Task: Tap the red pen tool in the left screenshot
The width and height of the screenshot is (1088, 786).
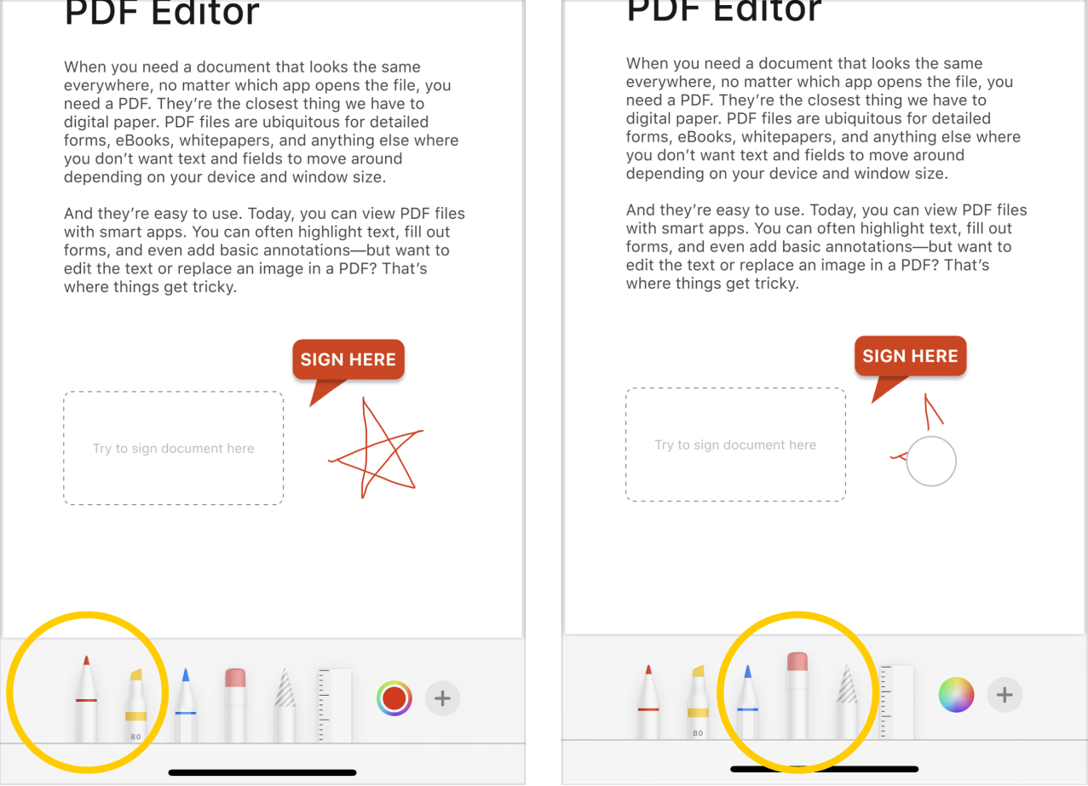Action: point(86,699)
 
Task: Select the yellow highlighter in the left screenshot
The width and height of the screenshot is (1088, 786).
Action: point(136,707)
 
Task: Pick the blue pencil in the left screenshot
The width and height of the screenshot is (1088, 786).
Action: point(186,707)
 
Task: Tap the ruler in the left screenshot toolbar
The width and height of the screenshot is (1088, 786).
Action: point(334,706)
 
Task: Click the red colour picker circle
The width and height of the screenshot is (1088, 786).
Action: point(394,698)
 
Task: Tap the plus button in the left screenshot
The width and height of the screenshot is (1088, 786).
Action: point(442,698)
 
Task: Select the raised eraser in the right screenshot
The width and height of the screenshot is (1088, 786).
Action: point(797,697)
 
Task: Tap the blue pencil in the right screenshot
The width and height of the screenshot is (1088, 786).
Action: point(747,703)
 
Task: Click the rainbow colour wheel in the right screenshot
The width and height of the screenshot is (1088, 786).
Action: point(957,695)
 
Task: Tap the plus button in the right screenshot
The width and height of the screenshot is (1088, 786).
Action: point(1005,695)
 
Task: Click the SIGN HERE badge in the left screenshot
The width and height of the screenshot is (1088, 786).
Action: point(348,359)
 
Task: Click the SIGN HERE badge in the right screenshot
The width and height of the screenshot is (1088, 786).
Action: point(911,356)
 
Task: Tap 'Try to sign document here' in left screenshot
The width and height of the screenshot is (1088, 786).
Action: point(174,449)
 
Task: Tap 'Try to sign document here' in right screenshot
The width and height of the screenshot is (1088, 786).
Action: point(735,445)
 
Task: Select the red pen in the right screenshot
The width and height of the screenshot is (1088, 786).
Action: point(648,703)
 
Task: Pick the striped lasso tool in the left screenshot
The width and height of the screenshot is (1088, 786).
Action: point(285,707)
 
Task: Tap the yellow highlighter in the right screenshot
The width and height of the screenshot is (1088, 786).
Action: point(698,703)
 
